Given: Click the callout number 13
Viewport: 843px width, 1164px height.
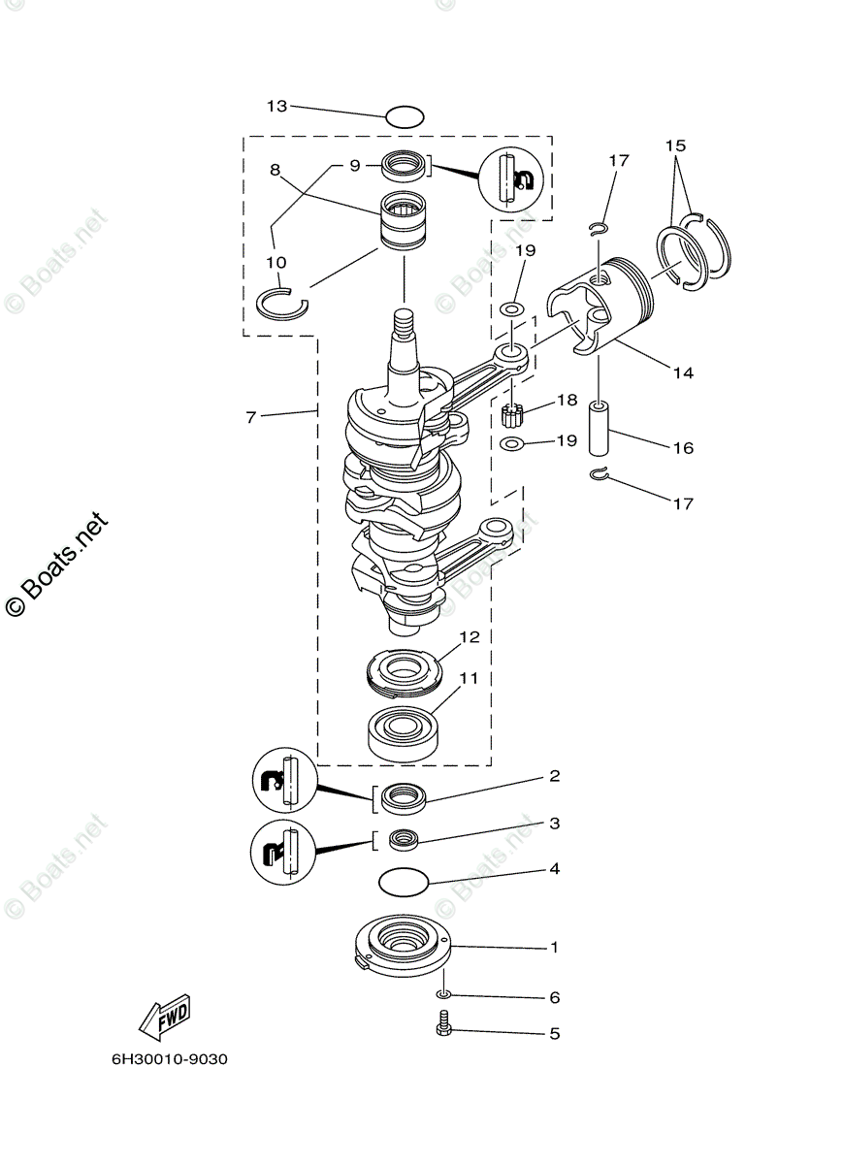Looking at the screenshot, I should point(277,106).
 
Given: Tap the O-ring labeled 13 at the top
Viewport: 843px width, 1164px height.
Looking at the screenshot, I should point(405,118).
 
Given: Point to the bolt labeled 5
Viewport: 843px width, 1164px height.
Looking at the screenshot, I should point(445,1023).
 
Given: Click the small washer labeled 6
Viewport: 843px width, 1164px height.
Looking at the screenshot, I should point(444,995).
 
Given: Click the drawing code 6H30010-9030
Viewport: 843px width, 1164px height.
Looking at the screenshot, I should point(170,1059).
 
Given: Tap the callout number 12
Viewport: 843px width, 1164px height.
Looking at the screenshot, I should point(470,637).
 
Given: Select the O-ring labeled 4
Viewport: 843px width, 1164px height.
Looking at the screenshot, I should point(403,882).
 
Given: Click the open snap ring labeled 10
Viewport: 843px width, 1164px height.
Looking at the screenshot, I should point(281,304).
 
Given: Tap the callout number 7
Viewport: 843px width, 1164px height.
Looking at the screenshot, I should point(250,417).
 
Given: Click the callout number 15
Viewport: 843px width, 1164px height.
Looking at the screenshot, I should point(675,145).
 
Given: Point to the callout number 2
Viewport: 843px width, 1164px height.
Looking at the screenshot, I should point(554,776).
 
